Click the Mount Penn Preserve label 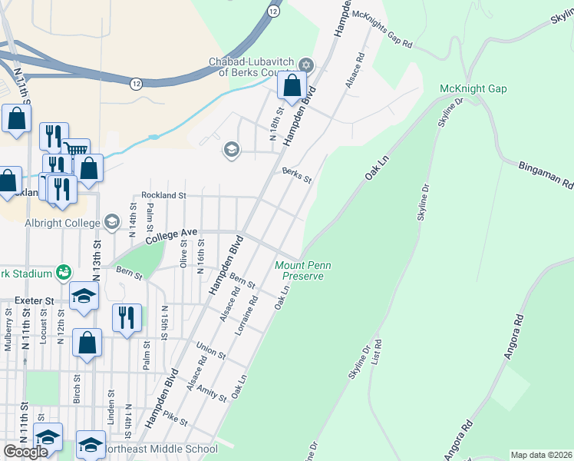coord(299,271)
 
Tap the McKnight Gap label coord(473,89)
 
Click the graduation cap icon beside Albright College coord(112,223)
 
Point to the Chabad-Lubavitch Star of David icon coord(306,65)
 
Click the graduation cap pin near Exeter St coord(84,297)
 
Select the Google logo coord(25,452)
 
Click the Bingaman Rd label coord(546,175)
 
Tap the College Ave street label coord(167,232)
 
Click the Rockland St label coord(163,196)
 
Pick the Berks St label coord(296,175)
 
